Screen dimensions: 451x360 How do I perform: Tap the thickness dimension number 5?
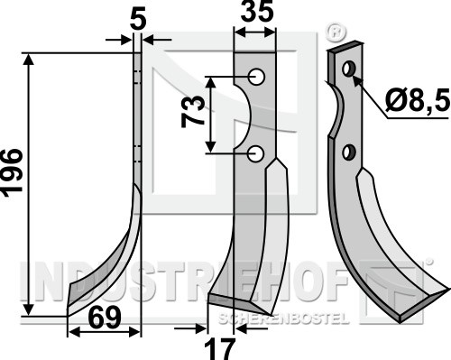[x=138, y=20]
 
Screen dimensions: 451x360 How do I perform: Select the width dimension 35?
[x=257, y=12]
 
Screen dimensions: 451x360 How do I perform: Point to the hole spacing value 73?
[x=193, y=111]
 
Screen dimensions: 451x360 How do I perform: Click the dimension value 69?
[x=106, y=318]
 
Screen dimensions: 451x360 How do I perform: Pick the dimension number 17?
[x=219, y=349]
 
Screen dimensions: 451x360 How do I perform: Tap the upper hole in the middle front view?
[x=256, y=77]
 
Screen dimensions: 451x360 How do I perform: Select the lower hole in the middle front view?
[x=255, y=153]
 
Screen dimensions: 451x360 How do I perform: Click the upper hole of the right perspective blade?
[x=349, y=69]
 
